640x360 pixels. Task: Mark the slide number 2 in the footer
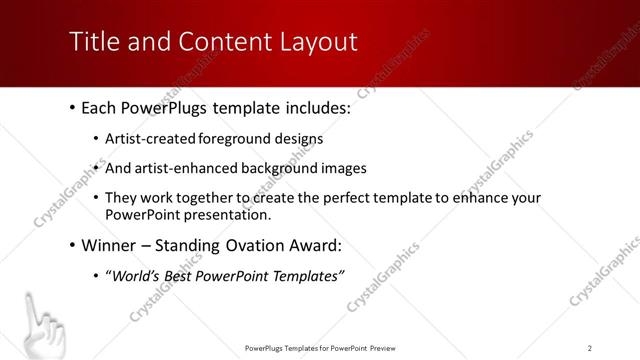[589, 347]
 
